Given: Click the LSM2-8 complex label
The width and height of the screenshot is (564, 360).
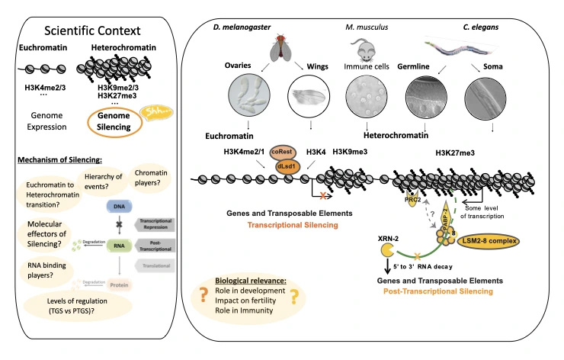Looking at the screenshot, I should click(486, 242).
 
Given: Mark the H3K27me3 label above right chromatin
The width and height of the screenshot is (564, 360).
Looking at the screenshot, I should click(457, 153).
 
